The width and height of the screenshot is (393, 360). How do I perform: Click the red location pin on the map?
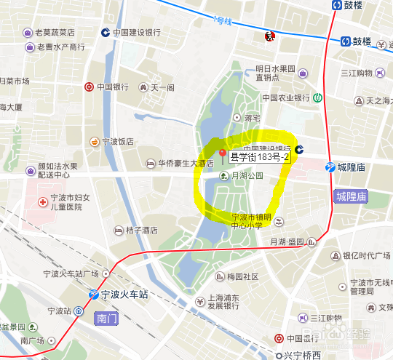223,154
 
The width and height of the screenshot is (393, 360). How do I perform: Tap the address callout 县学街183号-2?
260,156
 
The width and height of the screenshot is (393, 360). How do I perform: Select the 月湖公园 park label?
246,175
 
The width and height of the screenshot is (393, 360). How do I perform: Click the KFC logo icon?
267,36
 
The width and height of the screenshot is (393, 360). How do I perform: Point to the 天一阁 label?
163,87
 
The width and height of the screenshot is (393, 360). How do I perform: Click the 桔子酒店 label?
141,230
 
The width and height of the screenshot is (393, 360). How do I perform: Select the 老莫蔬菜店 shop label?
60,32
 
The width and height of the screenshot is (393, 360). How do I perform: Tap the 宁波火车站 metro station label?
119,295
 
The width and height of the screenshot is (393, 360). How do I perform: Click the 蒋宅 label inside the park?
252,117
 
